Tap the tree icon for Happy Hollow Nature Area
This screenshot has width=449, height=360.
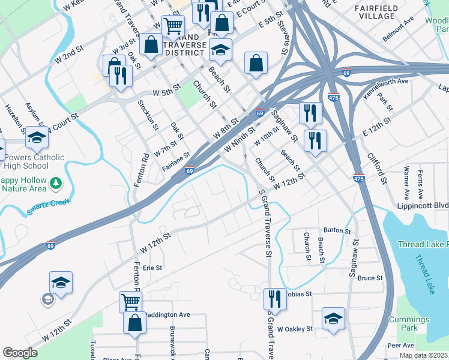tap(56, 182)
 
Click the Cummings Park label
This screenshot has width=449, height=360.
tap(411, 324)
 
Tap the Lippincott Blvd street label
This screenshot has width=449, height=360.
tap(422, 205)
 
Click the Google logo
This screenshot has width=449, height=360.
tap(20, 353)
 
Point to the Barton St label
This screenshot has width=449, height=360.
tap(337, 230)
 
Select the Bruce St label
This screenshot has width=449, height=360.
tap(370, 278)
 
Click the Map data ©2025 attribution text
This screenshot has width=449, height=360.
tap(423, 355)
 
